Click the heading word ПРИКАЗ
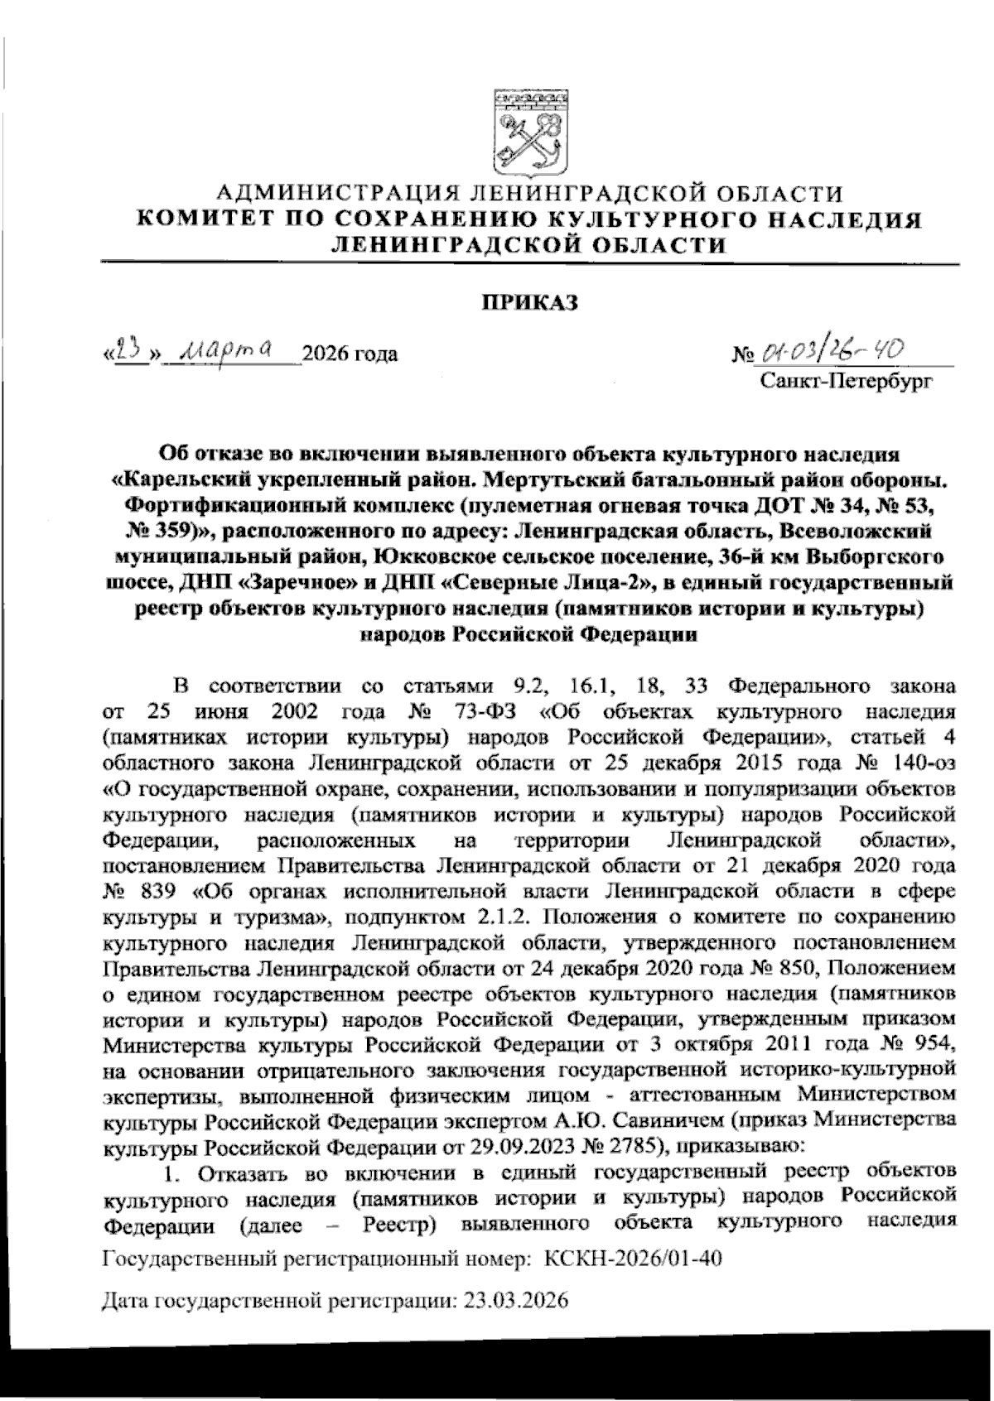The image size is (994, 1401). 530,304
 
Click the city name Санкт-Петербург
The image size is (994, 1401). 846,382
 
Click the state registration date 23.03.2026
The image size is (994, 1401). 516,1300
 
